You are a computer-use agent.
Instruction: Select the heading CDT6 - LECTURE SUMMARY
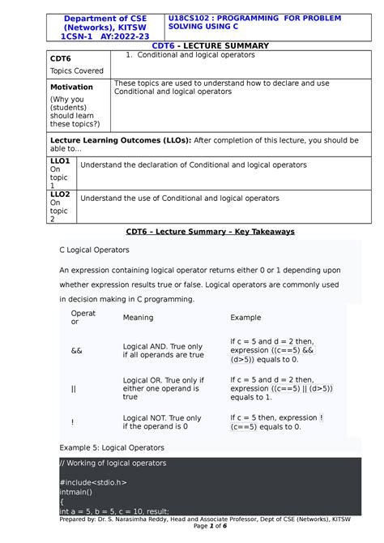click(x=192, y=46)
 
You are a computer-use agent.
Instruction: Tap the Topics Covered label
click(x=77, y=71)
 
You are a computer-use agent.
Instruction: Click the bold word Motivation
click(x=72, y=87)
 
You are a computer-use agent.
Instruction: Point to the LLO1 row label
click(x=60, y=161)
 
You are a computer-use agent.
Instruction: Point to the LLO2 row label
click(x=60, y=195)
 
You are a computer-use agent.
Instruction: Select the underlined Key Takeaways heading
click(x=210, y=231)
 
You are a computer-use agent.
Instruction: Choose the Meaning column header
click(x=138, y=318)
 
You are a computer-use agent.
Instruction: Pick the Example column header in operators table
click(x=246, y=318)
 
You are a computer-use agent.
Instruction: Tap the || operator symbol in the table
click(x=74, y=389)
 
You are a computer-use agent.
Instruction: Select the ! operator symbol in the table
click(x=73, y=421)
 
